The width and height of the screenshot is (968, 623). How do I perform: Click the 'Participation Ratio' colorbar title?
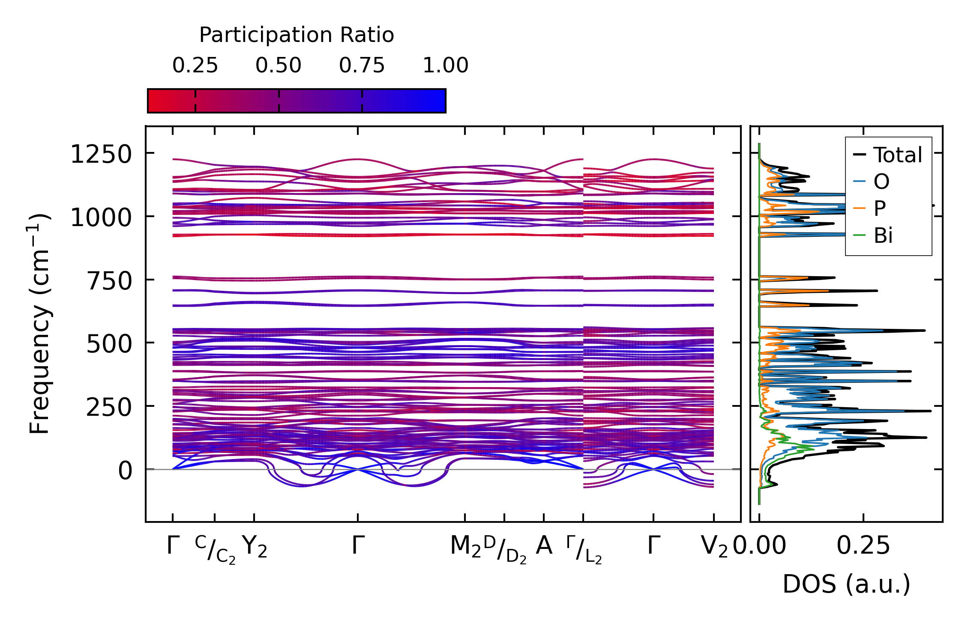[x=297, y=35]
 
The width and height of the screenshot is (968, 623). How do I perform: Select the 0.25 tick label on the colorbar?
[x=195, y=66]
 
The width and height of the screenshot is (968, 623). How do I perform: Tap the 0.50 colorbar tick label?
[x=279, y=66]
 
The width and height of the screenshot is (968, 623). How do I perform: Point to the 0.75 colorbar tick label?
[x=362, y=66]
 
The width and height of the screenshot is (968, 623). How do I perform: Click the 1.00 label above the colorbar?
[x=446, y=66]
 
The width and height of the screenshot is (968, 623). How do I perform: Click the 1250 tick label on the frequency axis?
[x=101, y=154]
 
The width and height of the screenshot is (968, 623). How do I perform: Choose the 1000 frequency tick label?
[x=101, y=218]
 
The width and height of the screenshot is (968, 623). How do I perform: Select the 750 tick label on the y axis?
[x=110, y=281]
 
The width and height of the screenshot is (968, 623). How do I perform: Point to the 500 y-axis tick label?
[x=110, y=344]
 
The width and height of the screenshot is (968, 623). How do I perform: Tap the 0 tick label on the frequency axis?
[x=125, y=471]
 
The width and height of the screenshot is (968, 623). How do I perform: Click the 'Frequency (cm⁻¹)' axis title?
[x=39, y=324]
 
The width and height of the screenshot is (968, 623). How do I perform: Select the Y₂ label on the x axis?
[x=255, y=547]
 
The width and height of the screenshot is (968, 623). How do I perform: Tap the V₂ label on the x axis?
[x=714, y=547]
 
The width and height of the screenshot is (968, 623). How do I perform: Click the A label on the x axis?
[x=544, y=546]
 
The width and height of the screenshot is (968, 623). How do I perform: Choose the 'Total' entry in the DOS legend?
[x=897, y=155]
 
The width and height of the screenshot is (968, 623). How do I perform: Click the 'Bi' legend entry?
[x=883, y=235]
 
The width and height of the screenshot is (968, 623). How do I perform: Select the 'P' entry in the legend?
[x=880, y=209]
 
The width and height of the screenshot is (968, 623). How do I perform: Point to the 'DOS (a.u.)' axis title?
[x=846, y=584]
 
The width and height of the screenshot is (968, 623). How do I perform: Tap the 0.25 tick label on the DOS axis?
[x=863, y=546]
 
